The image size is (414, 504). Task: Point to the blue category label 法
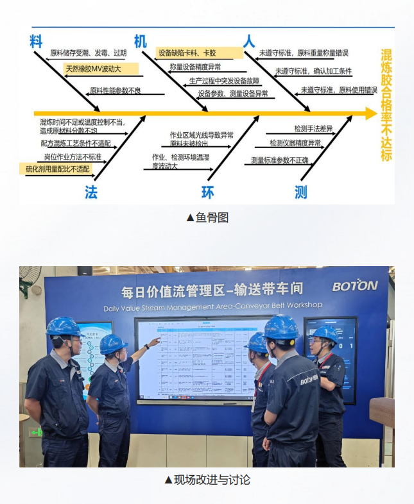click(91, 192)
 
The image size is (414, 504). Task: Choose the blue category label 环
click(208, 192)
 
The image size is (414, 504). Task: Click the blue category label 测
click(300, 192)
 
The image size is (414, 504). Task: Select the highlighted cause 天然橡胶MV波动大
click(92, 68)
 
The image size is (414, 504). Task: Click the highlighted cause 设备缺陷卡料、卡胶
click(187, 53)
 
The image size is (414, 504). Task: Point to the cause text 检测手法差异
click(313, 129)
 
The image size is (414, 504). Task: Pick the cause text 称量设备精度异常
click(195, 67)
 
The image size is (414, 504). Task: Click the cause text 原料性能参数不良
click(115, 90)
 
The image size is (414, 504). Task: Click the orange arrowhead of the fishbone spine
click(370, 113)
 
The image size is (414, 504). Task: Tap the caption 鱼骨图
click(207, 218)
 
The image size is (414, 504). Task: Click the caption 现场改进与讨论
click(207, 480)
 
